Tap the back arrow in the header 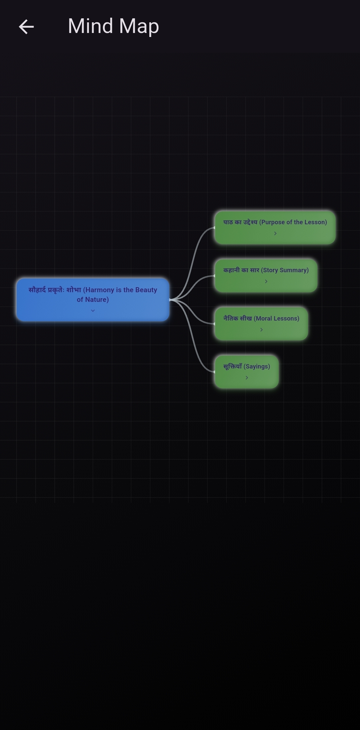click(x=26, y=27)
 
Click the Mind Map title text click(x=113, y=26)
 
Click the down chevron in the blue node click(x=93, y=311)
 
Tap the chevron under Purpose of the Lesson click(x=275, y=234)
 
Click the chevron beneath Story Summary click(x=266, y=282)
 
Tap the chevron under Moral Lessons click(x=261, y=330)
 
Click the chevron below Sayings click(x=247, y=378)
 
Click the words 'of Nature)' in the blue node click(x=93, y=300)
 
